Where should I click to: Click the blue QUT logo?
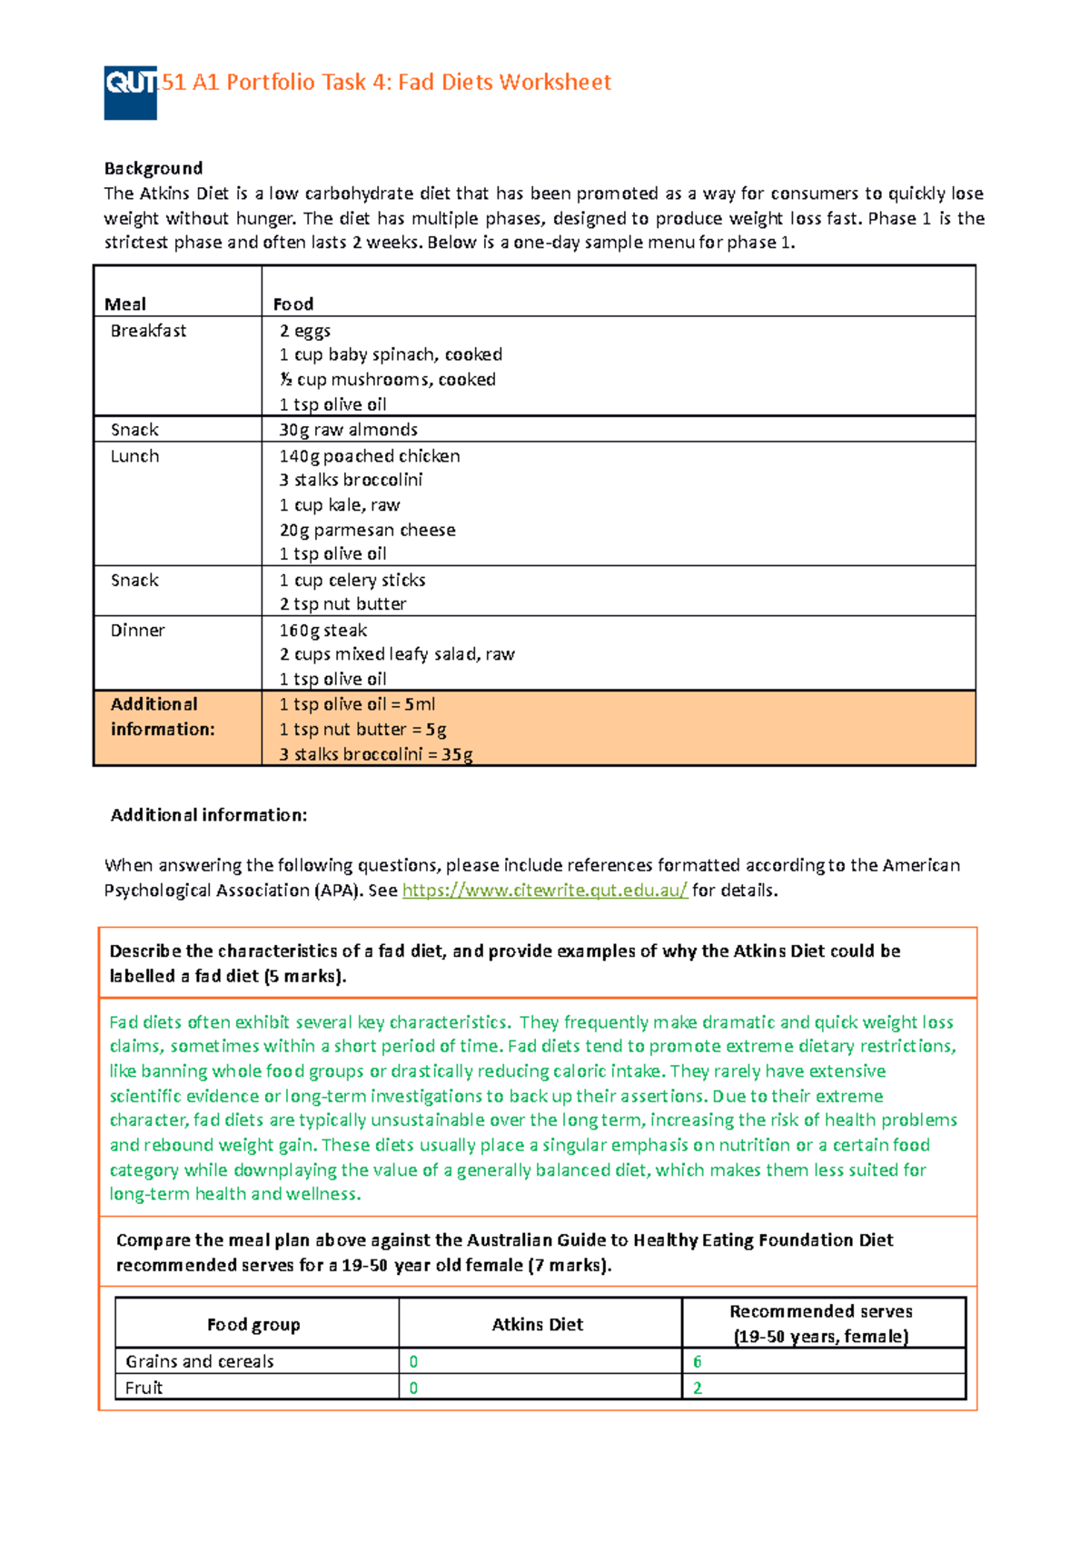pyautogui.click(x=130, y=92)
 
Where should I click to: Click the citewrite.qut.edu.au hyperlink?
pyautogui.click(x=544, y=891)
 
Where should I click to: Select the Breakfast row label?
pyautogui.click(x=148, y=331)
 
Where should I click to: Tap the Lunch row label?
pyautogui.click(x=134, y=456)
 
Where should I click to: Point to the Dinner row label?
pyautogui.click(x=137, y=631)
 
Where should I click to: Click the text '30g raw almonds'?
pyautogui.click(x=348, y=430)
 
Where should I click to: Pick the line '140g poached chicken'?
pyautogui.click(x=369, y=456)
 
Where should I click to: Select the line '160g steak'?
pyautogui.click(x=322, y=631)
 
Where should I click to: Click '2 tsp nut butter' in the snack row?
pyautogui.click(x=342, y=604)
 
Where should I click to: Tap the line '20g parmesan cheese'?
pyautogui.click(x=367, y=530)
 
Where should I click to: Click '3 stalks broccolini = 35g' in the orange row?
pyautogui.click(x=375, y=754)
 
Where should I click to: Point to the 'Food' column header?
pyautogui.click(x=292, y=304)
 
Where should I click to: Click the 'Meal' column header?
pyautogui.click(x=124, y=304)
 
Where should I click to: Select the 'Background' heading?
pyautogui.click(x=153, y=168)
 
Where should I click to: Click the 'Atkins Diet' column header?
pyautogui.click(x=537, y=1325)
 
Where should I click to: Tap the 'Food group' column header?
pyautogui.click(x=253, y=1325)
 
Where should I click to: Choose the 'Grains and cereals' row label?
pyautogui.click(x=199, y=1361)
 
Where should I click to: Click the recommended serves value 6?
pyautogui.click(x=697, y=1361)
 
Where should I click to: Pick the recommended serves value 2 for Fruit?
pyautogui.click(x=697, y=1388)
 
